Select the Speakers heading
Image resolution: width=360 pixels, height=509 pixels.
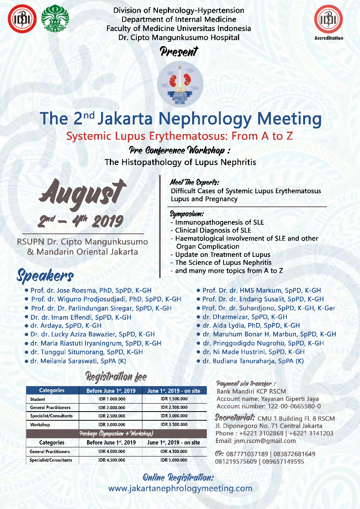[45, 275]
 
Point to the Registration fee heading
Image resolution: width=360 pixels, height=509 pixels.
[116, 376]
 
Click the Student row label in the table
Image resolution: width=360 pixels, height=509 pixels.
[38, 399]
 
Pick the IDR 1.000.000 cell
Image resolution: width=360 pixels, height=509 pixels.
[112, 399]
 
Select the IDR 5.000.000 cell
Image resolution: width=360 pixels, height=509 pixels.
[174, 460]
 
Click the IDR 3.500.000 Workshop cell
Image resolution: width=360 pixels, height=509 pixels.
[174, 425]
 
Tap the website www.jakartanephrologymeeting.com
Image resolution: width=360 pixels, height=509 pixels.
[180, 488]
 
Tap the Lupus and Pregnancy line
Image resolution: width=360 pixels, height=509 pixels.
[204, 199]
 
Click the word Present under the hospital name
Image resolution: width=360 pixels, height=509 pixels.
[179, 51]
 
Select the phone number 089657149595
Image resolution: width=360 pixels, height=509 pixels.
[282, 462]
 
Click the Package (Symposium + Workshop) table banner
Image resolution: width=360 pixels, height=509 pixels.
[116, 433]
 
